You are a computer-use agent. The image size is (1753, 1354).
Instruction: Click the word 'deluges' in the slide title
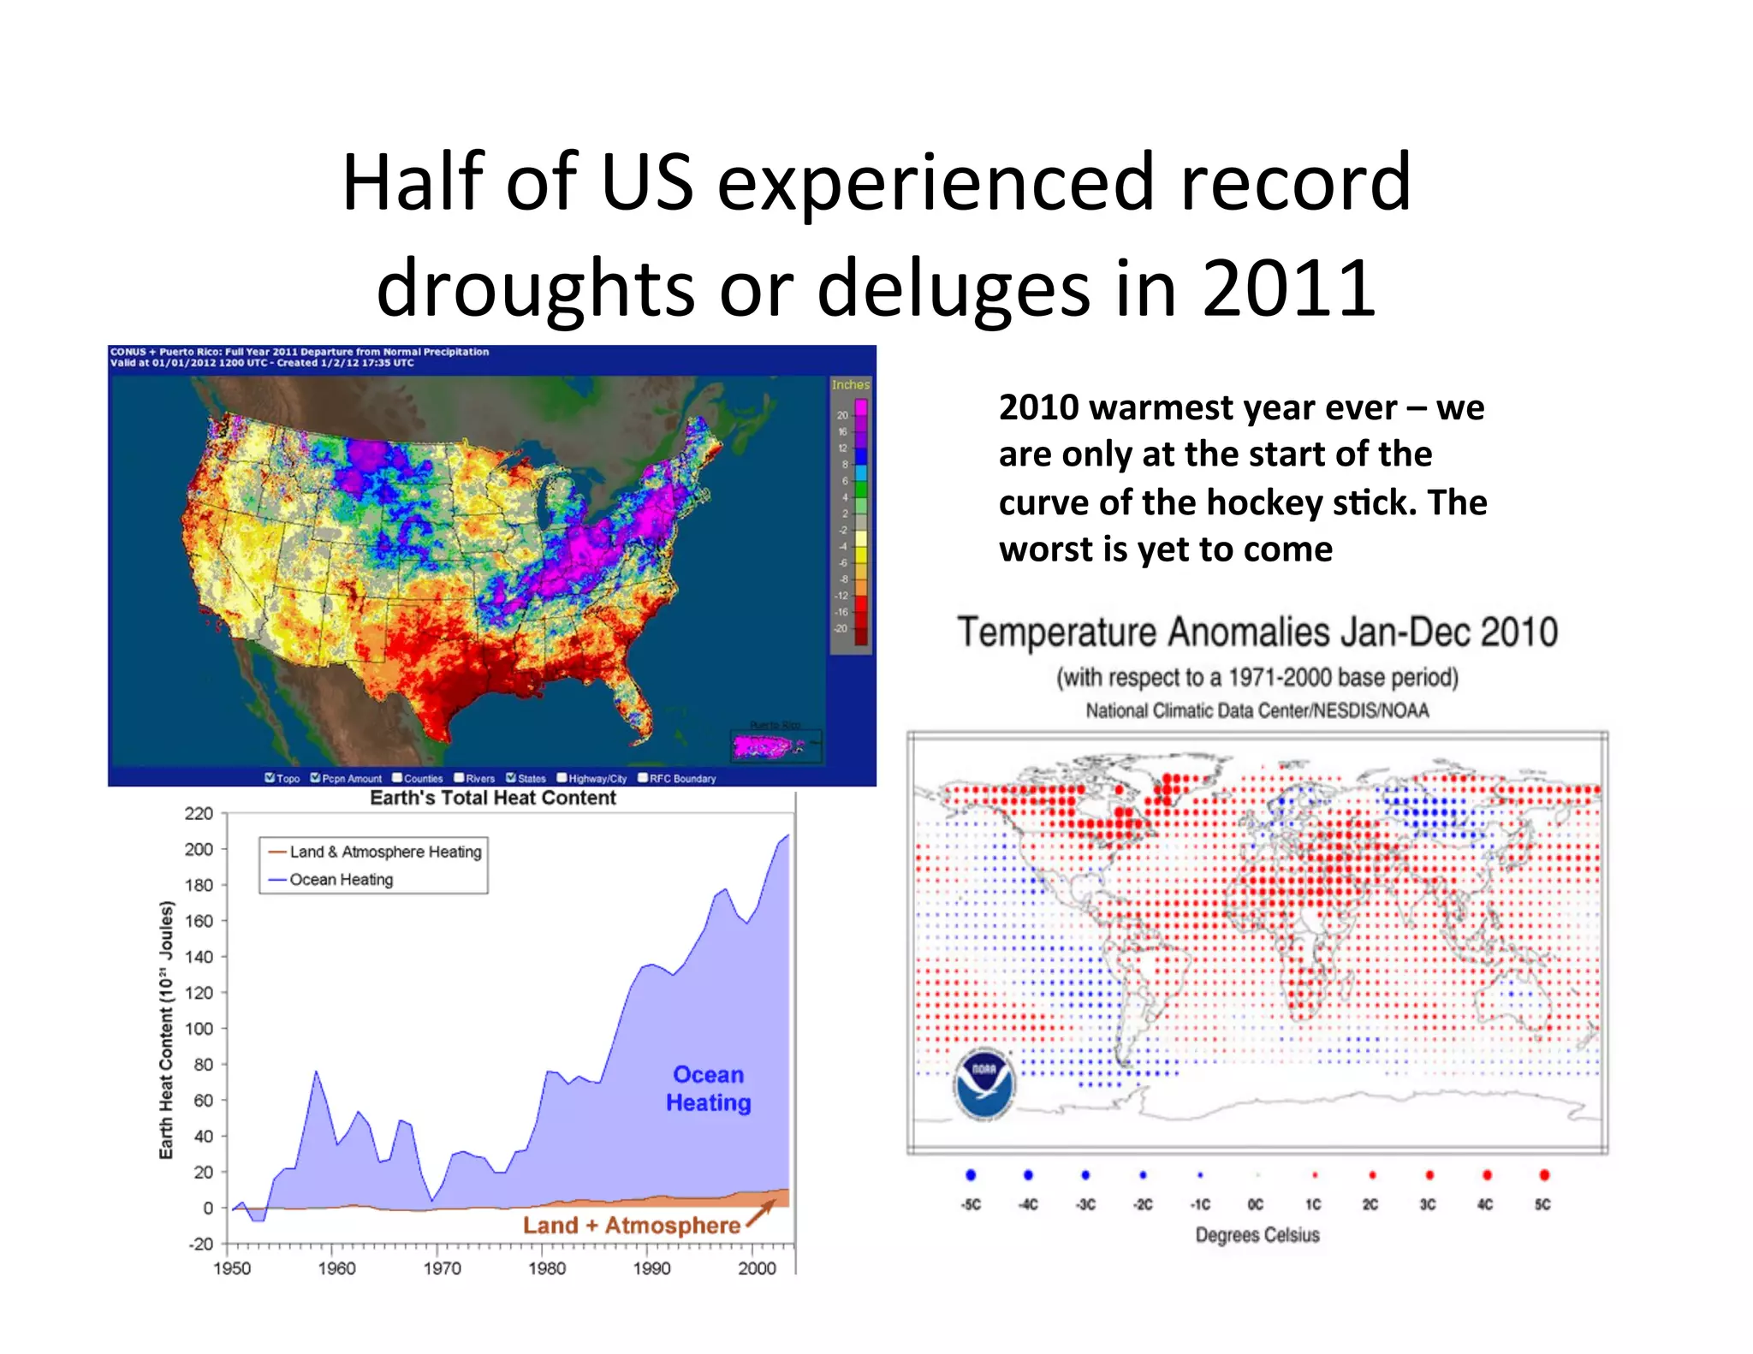[954, 288]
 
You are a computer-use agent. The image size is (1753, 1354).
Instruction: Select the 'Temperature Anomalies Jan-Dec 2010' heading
[1257, 632]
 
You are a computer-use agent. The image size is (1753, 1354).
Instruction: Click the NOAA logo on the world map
[984, 1083]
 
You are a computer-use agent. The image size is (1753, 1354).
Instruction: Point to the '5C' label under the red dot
[1542, 1204]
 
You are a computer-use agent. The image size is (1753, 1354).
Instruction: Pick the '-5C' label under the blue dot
[971, 1204]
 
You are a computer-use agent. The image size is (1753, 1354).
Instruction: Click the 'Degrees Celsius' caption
[1257, 1235]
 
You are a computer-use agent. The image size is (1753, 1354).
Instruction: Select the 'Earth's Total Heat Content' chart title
[492, 798]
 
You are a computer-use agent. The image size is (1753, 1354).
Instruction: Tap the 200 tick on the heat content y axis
[199, 849]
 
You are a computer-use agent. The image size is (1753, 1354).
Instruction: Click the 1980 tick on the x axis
[546, 1268]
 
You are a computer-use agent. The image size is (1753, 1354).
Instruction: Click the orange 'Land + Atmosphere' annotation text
[631, 1225]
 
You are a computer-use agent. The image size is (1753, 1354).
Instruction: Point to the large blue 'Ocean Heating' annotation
[708, 1089]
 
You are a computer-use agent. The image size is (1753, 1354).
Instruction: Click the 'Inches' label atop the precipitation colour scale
[850, 385]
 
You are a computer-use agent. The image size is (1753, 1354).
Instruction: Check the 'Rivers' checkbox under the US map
[460, 778]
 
